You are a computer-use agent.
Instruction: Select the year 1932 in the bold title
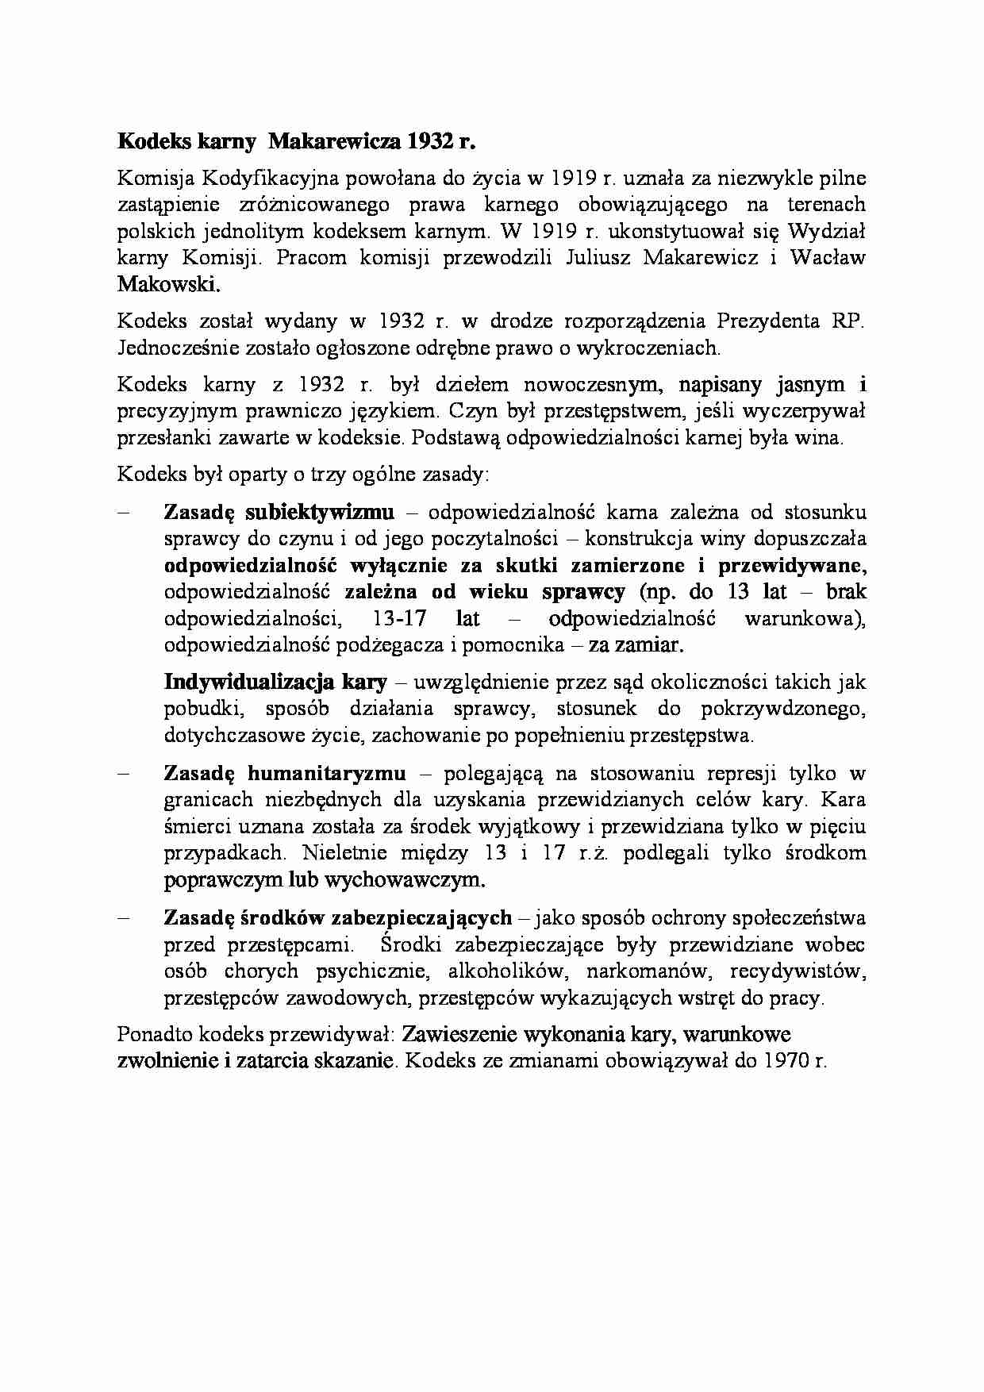coord(429,141)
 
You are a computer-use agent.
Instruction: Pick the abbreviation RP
coord(846,321)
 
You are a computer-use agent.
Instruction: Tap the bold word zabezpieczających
coord(421,917)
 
